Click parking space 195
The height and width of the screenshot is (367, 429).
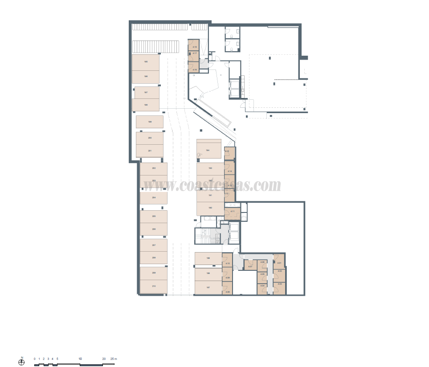click(146, 62)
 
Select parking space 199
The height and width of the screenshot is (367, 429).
click(150, 122)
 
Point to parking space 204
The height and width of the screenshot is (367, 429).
click(154, 198)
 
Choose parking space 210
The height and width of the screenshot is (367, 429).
click(154, 287)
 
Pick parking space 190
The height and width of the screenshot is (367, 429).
click(210, 208)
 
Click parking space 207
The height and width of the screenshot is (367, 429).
click(154, 245)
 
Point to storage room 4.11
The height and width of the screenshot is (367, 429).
click(232, 211)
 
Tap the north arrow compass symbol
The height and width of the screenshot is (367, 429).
click(21, 362)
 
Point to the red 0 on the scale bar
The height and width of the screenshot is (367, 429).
click(34, 359)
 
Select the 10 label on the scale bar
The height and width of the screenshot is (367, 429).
click(80, 359)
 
